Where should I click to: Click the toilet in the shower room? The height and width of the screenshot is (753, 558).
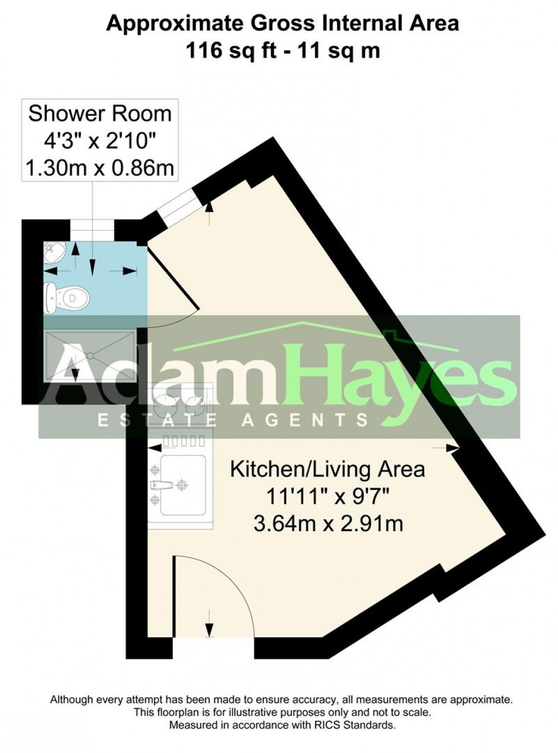tap(67, 298)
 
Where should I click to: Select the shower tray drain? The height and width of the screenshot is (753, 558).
tap(89, 355)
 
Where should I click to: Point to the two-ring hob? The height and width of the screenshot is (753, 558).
tap(179, 405)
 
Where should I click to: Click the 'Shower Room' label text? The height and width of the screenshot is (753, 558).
tap(100, 113)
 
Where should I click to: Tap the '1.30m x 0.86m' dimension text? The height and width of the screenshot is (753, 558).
tap(100, 168)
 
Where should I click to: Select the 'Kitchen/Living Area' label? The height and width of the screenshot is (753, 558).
tap(327, 470)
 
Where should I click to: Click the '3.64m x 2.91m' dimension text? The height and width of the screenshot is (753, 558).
tap(328, 523)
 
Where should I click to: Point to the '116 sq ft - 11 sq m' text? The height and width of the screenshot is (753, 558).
tap(283, 51)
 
